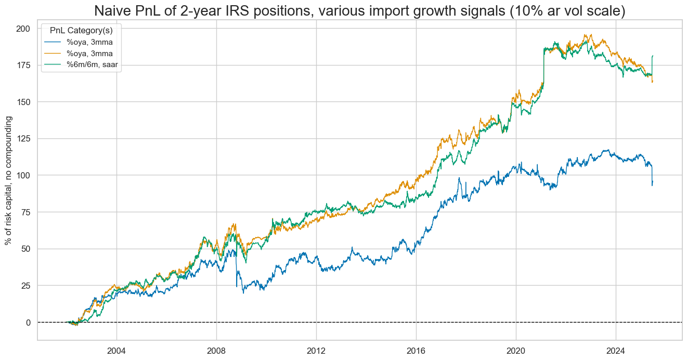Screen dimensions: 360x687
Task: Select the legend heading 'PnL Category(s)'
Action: pos(81,30)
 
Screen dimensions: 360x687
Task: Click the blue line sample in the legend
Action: pos(55,42)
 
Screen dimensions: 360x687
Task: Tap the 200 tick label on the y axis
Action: pos(23,28)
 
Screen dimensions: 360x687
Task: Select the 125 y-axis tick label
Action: pos(23,138)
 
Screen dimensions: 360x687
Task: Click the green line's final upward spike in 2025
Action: pos(652,65)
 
